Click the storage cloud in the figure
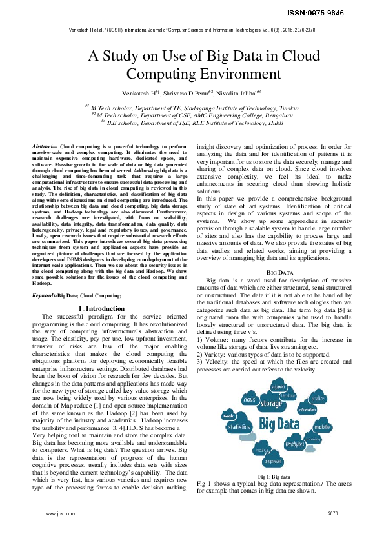point(270,404)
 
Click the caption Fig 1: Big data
point(273,476)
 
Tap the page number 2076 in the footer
point(332,514)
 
